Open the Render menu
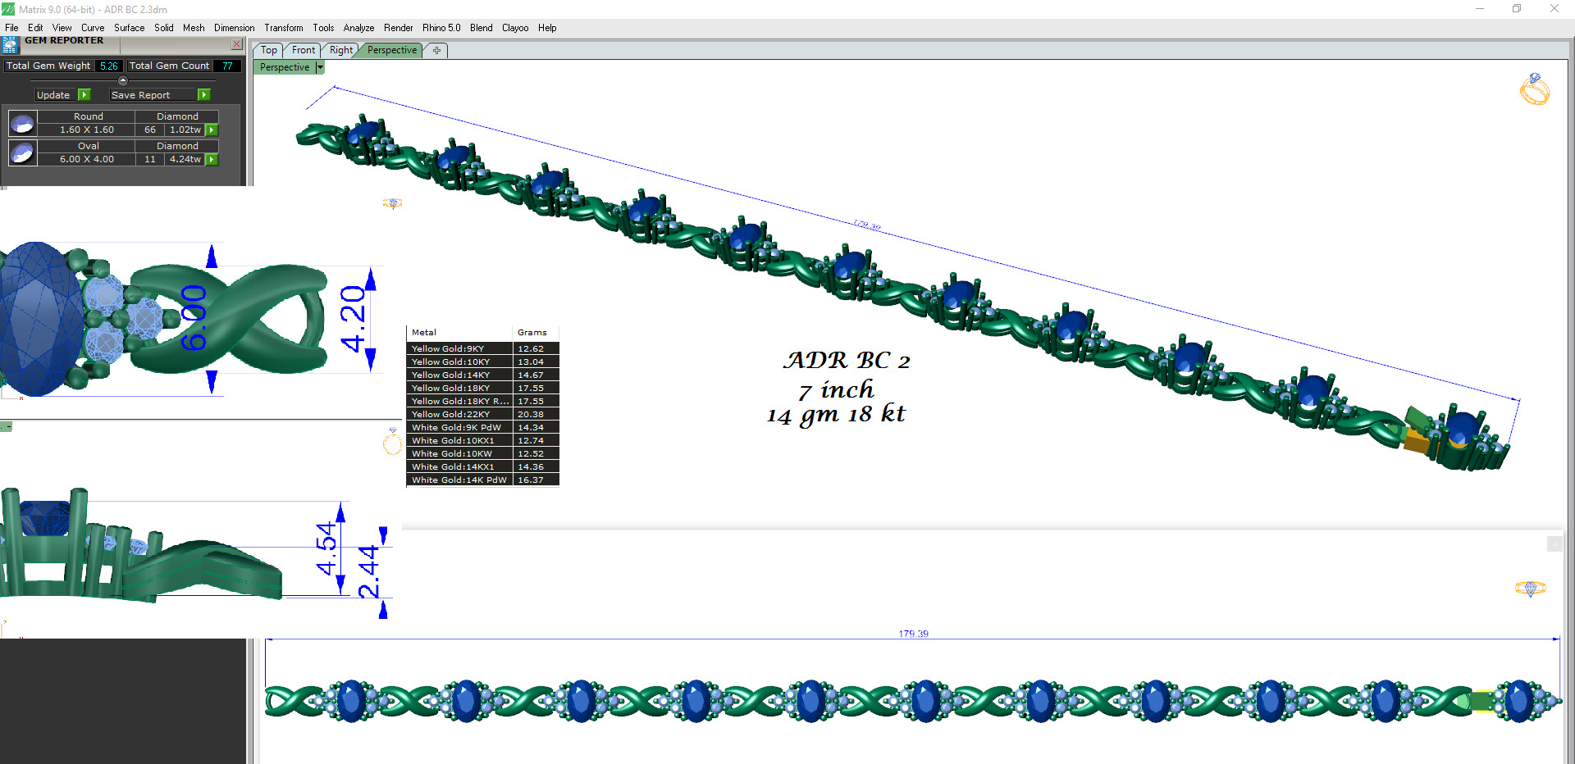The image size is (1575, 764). click(x=398, y=28)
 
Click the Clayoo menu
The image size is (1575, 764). click(x=514, y=28)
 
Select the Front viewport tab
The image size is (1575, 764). click(x=303, y=50)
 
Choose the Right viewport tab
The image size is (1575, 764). click(x=340, y=50)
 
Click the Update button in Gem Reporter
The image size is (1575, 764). click(x=53, y=95)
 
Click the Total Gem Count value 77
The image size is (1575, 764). click(x=227, y=66)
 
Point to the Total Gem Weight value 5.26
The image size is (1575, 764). click(x=108, y=66)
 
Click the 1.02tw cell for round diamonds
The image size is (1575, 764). click(x=185, y=130)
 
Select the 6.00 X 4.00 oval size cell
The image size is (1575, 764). click(x=87, y=159)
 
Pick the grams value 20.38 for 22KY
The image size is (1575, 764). click(x=531, y=414)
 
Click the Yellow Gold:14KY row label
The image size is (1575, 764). click(x=450, y=375)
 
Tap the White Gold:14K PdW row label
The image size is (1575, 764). click(x=459, y=480)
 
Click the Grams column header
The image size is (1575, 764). click(x=532, y=332)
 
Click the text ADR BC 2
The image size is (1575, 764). click(x=847, y=361)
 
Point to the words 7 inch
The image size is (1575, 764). click(x=836, y=390)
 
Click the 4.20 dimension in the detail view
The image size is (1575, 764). click(x=354, y=318)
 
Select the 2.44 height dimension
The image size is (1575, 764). click(x=369, y=571)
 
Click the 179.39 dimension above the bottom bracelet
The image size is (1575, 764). click(x=913, y=634)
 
